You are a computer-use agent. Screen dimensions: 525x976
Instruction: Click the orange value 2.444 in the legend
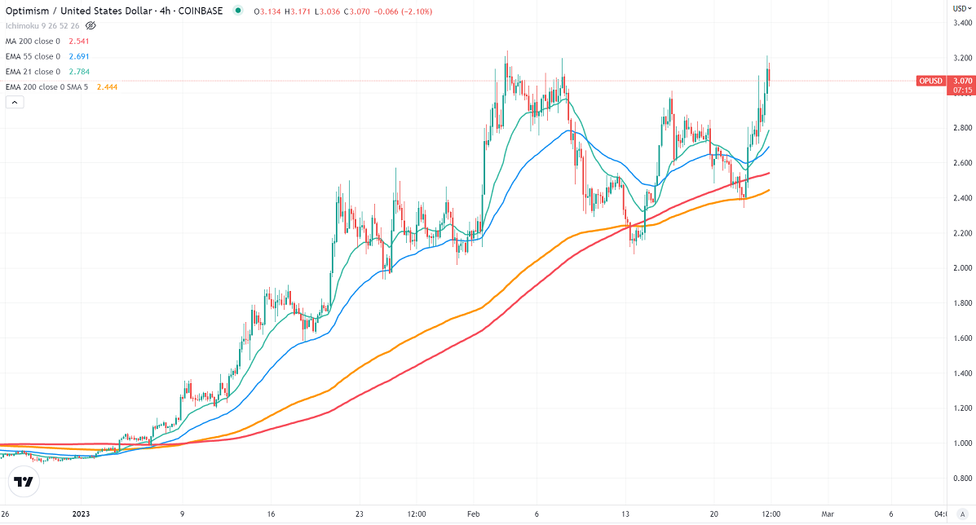pos(108,87)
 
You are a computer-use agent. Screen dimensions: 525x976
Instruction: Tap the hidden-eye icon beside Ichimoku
pos(91,26)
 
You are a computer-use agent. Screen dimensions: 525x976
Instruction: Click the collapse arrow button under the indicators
pos(14,102)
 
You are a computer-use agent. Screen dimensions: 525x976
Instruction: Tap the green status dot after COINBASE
pos(237,11)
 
